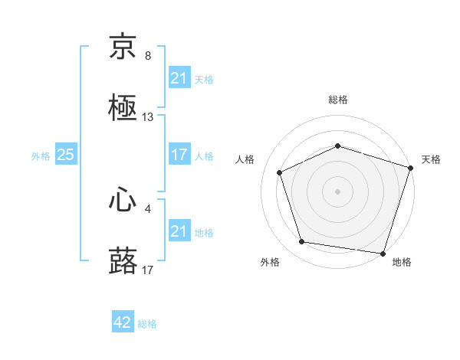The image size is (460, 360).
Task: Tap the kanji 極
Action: pyautogui.click(x=123, y=107)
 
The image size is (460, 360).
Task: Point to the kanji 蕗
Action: pyautogui.click(x=123, y=261)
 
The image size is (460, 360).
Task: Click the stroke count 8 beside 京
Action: pyautogui.click(x=148, y=56)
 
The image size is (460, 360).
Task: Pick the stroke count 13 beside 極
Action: pyautogui.click(x=148, y=117)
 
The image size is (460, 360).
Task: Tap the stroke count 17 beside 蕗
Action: pyautogui.click(x=148, y=270)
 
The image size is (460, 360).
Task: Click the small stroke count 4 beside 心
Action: pyautogui.click(x=148, y=208)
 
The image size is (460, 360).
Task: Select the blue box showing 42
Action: pyautogui.click(x=123, y=323)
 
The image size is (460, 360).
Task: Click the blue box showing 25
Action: pyautogui.click(x=66, y=155)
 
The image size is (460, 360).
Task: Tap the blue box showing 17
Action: pyautogui.click(x=179, y=155)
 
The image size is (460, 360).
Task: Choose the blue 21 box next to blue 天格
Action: pyautogui.click(x=179, y=78)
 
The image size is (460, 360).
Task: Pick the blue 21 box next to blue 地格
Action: pyautogui.click(x=179, y=231)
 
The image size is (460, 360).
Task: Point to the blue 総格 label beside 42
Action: pyautogui.click(x=147, y=324)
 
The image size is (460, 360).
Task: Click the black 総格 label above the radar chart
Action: pyautogui.click(x=338, y=100)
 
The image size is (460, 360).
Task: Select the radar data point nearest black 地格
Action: pyautogui.click(x=383, y=253)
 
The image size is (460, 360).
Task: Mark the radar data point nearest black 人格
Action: pyautogui.click(x=281, y=172)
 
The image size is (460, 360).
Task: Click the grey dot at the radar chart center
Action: pyautogui.click(x=338, y=191)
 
